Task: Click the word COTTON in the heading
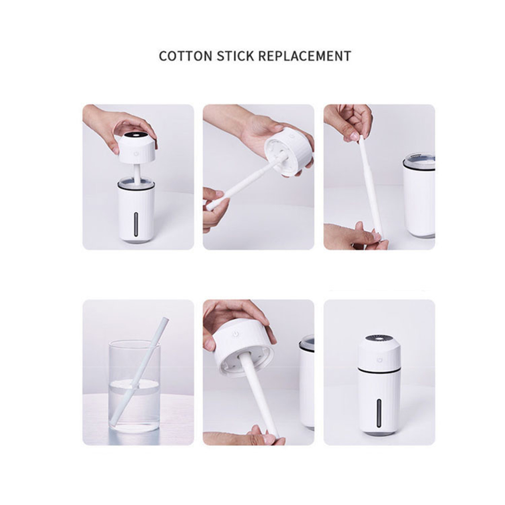tap(185, 56)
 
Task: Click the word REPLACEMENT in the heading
tap(305, 56)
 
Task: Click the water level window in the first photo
tap(136, 224)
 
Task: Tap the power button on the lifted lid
tap(136, 154)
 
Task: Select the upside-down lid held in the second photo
tap(289, 151)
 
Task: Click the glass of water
tap(134, 386)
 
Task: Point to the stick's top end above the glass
tap(165, 320)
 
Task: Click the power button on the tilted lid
tap(236, 334)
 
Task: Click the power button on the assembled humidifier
tap(380, 359)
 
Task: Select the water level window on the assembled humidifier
tap(379, 413)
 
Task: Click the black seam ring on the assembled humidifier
tap(380, 369)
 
